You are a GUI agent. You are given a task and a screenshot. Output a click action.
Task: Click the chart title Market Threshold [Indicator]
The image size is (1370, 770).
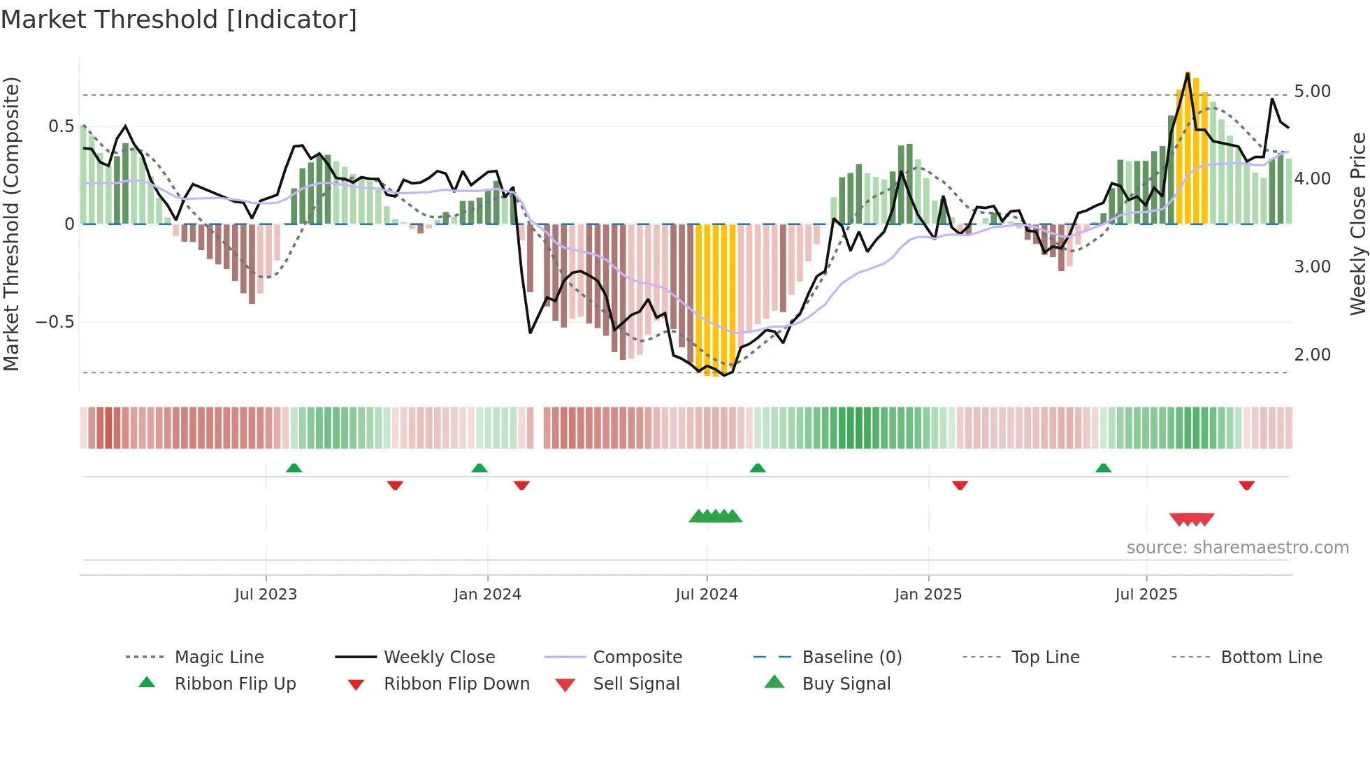point(179,20)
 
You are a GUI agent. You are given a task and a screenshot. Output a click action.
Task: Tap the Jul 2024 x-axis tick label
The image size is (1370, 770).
point(706,595)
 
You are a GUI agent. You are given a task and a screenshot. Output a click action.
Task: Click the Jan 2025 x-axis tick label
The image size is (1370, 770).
point(928,595)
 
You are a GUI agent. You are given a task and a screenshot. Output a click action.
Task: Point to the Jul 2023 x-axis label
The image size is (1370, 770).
point(266,595)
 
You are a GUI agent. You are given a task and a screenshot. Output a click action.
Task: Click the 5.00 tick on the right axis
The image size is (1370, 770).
point(1312,92)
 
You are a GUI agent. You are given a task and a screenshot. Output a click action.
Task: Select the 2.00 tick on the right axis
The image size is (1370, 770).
point(1312,355)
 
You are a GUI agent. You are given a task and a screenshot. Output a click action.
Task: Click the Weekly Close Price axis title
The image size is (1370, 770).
point(1357,224)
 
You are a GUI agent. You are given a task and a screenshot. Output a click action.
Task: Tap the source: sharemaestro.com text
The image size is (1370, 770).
point(1237,548)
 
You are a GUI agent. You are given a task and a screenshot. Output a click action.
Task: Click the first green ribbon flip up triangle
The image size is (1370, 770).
point(294,468)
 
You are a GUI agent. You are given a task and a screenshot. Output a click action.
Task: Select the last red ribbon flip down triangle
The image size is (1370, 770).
point(1246,485)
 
